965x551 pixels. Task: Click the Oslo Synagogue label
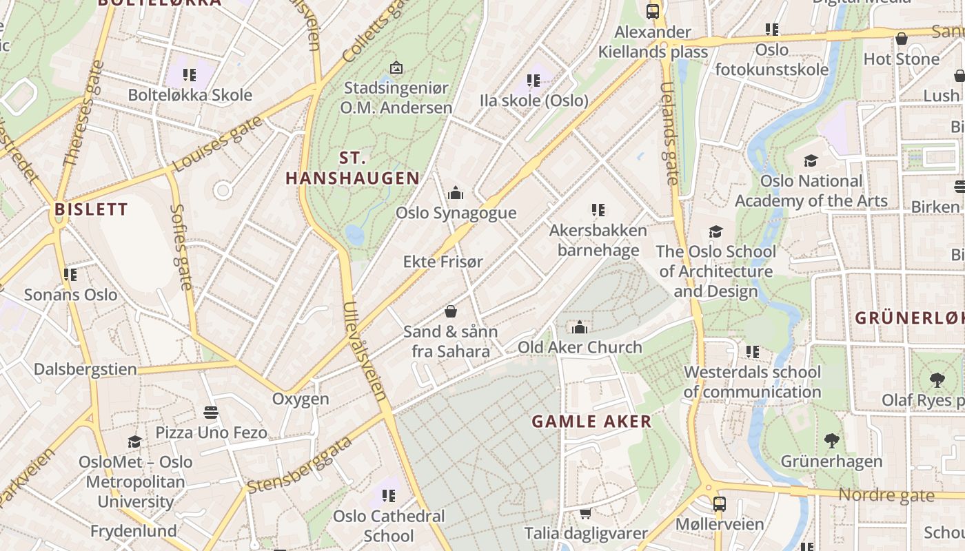pyautogui.click(x=456, y=213)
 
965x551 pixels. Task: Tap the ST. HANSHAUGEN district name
pyautogui.click(x=352, y=168)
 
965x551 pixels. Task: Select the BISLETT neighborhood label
pyautogui.click(x=91, y=209)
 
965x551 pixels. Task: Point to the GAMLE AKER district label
pyautogui.click(x=591, y=422)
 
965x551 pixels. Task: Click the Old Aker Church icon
pyautogui.click(x=580, y=327)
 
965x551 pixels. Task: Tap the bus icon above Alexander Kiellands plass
pyautogui.click(x=652, y=11)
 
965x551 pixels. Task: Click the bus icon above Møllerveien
pyautogui.click(x=719, y=504)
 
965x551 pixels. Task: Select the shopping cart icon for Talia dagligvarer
pyautogui.click(x=585, y=513)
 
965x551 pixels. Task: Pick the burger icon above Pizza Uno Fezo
pyautogui.click(x=211, y=413)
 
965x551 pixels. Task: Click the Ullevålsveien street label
pyautogui.click(x=365, y=351)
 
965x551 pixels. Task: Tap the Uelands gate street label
pyautogui.click(x=669, y=134)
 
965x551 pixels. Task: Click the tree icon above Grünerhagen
pyautogui.click(x=831, y=441)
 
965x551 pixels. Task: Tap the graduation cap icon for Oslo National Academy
pyautogui.click(x=811, y=160)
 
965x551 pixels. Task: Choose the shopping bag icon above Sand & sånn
pyautogui.click(x=451, y=311)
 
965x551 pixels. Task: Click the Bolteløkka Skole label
pyautogui.click(x=190, y=95)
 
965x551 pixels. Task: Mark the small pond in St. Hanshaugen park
pyautogui.click(x=355, y=235)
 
